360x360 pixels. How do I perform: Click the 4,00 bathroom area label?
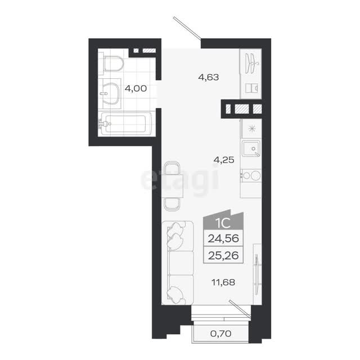pyautogui.click(x=136, y=88)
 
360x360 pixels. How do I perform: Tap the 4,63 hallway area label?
pyautogui.click(x=209, y=78)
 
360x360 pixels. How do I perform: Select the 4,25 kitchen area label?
pyautogui.click(x=224, y=160)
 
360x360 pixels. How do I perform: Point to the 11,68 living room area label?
pyautogui.click(x=223, y=282)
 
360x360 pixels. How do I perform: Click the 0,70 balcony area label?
pyautogui.click(x=221, y=334)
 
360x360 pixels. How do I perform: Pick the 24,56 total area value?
pyautogui.click(x=223, y=238)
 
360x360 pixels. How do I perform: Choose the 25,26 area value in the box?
pyautogui.click(x=223, y=255)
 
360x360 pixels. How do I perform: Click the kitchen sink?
pyautogui.click(x=251, y=148)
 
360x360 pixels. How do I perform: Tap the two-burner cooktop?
pyautogui.click(x=251, y=176)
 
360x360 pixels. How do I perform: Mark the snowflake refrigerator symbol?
pyautogui.click(x=252, y=129)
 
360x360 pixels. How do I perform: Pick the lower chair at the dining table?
pyautogui.click(x=172, y=204)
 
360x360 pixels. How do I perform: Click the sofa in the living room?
pyautogui.click(x=178, y=263)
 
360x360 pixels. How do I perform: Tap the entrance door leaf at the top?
pyautogui.click(x=187, y=28)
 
